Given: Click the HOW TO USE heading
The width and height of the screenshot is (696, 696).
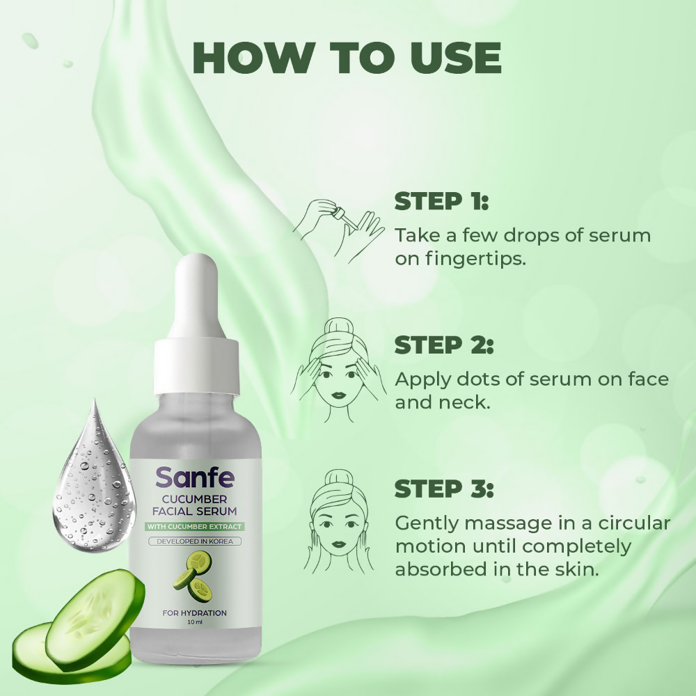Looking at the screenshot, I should point(346,58).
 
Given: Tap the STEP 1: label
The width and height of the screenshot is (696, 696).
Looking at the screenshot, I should point(441,202).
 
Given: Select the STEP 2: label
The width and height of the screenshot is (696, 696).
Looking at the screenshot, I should point(444,345).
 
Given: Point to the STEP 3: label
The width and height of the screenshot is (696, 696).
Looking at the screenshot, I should point(444,489).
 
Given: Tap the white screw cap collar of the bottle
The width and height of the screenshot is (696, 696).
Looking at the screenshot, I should point(196,372).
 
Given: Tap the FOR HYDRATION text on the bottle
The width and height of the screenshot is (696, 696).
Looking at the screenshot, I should point(196,613).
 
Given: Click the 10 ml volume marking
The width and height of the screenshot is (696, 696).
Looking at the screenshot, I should point(196,623).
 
